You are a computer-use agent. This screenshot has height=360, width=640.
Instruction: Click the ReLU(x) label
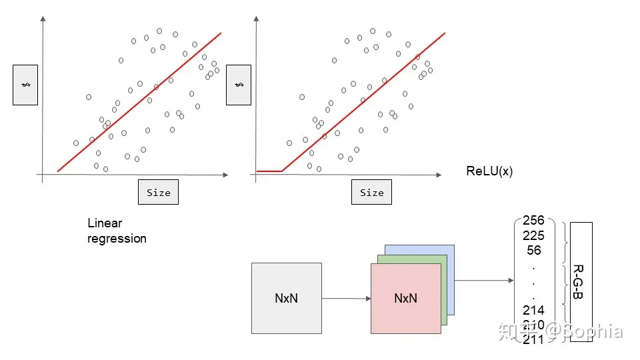pos(489,171)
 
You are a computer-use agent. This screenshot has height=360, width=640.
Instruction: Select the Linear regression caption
pos(117,231)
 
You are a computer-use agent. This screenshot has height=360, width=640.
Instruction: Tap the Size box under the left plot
pos(158,192)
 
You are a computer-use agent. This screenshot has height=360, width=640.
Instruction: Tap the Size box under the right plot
pos(371,192)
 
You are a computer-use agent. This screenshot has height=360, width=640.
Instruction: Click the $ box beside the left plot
pos(25,85)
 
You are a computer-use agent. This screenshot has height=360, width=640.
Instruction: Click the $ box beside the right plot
pos(238,85)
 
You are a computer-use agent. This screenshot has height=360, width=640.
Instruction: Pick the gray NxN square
pos(286,298)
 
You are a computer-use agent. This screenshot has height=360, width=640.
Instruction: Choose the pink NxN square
pos(405,298)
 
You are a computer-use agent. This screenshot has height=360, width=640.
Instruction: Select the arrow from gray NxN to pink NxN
pos(346,298)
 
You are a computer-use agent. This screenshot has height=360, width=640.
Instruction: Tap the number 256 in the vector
pos(533,221)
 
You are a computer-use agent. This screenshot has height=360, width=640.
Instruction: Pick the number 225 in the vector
pos(533,235)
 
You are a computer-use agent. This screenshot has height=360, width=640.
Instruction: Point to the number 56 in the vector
pos(533,250)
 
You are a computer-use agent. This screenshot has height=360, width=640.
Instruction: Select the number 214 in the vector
pos(533,310)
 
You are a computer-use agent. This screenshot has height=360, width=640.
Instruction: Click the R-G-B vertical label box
pos(581,282)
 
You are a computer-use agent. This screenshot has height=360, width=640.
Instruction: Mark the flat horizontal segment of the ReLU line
pos(269,171)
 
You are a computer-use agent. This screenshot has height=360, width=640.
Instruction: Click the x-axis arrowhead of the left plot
pos(226,175)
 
